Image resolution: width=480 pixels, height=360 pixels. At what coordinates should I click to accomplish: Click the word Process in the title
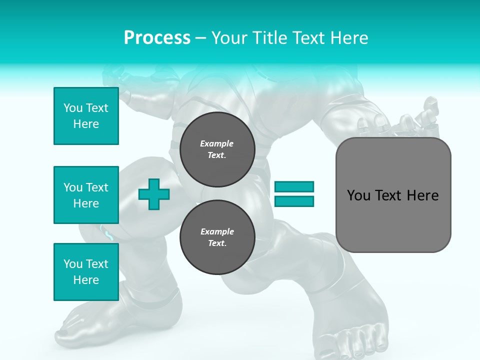157,38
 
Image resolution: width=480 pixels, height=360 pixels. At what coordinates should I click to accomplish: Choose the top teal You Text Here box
86,116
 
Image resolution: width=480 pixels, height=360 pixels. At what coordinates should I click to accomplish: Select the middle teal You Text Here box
86,195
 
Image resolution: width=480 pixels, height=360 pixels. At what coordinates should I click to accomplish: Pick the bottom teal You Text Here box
86,272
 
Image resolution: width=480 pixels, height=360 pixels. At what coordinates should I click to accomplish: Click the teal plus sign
154,194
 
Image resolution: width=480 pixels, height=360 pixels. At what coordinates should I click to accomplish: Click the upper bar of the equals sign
294,186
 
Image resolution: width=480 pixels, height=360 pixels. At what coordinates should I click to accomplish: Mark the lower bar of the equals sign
294,201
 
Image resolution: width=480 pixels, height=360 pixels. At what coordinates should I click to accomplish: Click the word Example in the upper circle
216,143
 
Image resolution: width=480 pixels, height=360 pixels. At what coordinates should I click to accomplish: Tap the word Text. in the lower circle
217,243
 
